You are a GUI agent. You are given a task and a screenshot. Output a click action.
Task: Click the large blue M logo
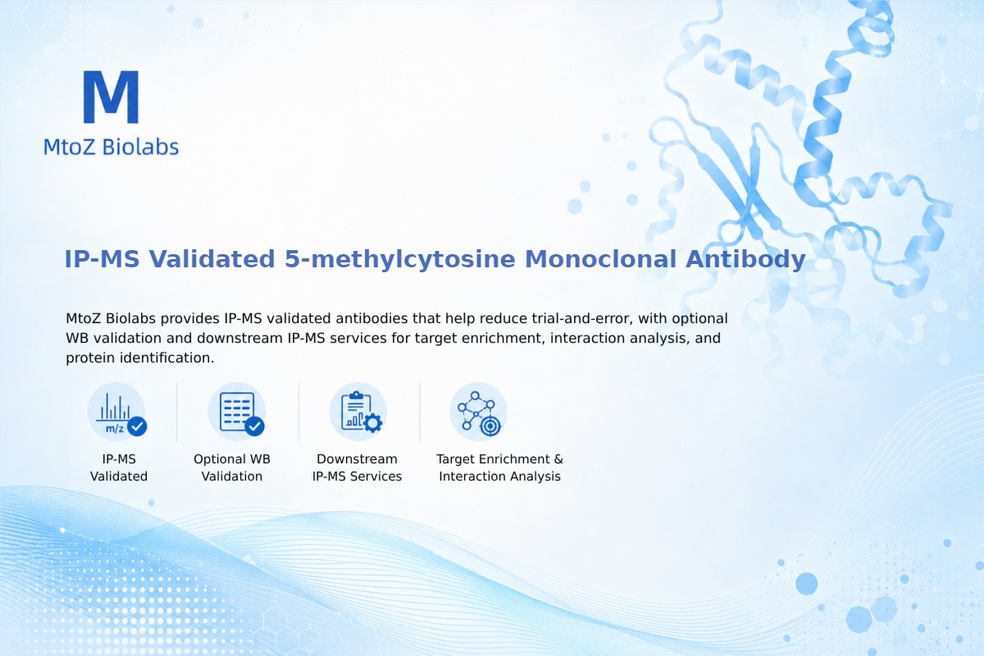click(112, 97)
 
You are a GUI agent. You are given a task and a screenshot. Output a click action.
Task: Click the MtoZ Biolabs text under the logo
click(112, 147)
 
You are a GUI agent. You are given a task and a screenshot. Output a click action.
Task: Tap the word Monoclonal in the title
click(600, 259)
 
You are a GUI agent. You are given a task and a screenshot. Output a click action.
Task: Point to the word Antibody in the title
click(745, 259)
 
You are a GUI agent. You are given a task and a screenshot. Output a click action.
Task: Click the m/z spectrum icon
click(117, 412)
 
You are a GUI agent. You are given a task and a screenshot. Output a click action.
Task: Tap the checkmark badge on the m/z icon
click(137, 426)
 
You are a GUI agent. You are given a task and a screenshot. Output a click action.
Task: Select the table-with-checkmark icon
click(237, 412)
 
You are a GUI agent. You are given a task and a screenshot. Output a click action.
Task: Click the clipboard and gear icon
click(358, 412)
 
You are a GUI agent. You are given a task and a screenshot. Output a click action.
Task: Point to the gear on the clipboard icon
click(373, 423)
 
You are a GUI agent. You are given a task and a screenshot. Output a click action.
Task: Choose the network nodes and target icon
click(479, 412)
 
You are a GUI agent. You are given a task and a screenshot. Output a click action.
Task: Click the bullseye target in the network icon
click(490, 426)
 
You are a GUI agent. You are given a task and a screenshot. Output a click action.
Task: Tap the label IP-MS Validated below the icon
click(119, 467)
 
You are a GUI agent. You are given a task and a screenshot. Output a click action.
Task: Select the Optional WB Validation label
click(232, 467)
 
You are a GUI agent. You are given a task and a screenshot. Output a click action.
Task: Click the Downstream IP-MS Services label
click(358, 467)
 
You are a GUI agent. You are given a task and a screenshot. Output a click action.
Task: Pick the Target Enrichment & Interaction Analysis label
click(500, 467)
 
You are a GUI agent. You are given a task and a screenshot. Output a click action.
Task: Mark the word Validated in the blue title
click(212, 259)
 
